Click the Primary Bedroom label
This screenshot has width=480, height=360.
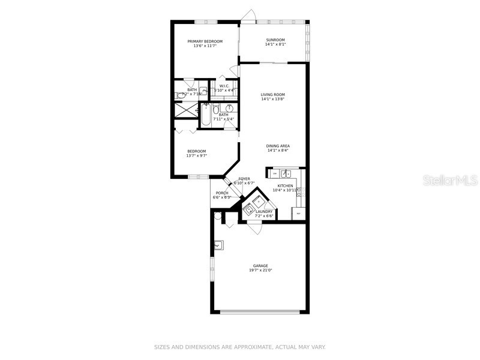(205, 41)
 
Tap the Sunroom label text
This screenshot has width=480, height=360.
(275, 40)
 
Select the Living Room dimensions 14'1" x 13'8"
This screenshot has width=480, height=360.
(272, 99)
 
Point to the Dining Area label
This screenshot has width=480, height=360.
(278, 146)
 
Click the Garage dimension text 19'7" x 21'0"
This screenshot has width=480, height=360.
(260, 271)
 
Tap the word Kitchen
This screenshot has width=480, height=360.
(285, 186)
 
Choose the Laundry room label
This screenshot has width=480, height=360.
(264, 211)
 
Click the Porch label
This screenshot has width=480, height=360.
(221, 193)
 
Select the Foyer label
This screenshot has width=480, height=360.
(244, 179)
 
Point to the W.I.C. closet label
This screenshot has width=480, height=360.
(224, 86)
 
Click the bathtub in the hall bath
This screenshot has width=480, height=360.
(205, 115)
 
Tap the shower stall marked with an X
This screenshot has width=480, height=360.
(186, 110)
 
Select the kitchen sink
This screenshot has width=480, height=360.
(286, 174)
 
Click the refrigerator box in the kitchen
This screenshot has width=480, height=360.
(298, 213)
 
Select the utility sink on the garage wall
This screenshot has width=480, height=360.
(220, 245)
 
